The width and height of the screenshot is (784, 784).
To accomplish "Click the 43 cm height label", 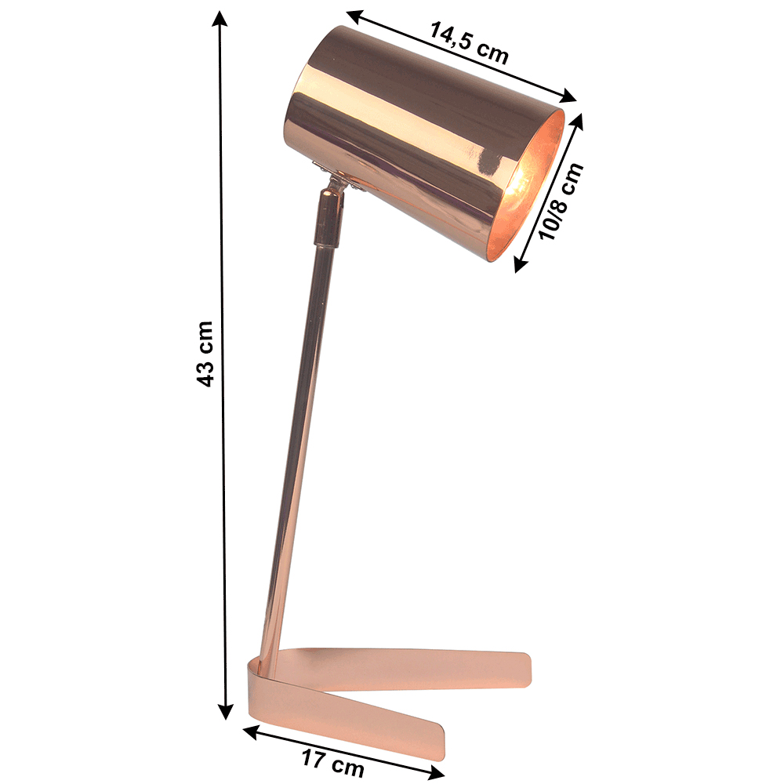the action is tap(205, 354).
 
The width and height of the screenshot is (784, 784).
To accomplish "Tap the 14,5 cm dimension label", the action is tap(469, 43).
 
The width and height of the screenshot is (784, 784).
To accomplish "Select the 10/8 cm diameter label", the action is tap(562, 201).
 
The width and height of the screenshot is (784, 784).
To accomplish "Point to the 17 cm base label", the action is tap(332, 763).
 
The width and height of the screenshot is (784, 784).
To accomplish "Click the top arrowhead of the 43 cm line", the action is tap(220, 18).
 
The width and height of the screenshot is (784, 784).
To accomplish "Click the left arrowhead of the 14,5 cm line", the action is tap(354, 16).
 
